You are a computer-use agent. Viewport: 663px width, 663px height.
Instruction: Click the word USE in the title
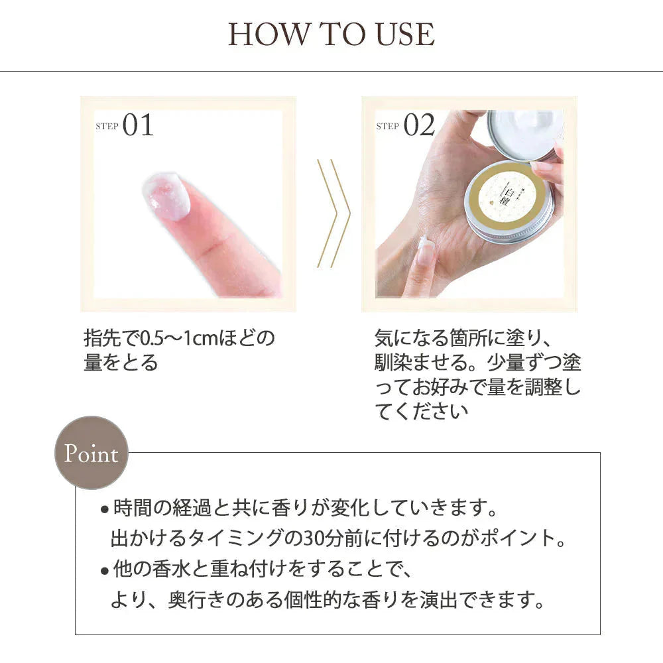pos(405,34)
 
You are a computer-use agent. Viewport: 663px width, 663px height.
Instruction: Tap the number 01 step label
pos(138,125)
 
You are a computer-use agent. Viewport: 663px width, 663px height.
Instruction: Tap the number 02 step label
pos(419,125)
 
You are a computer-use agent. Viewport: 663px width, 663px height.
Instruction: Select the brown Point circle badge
pos(91,453)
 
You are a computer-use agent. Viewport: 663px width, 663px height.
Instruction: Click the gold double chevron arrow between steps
pos(333,213)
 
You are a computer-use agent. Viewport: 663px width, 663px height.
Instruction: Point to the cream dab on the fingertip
pos(166,196)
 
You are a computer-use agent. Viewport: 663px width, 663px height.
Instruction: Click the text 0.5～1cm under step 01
pos(178,338)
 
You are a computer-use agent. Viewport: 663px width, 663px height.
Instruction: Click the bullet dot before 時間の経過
pos(105,509)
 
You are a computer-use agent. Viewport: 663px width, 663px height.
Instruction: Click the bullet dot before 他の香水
pos(105,572)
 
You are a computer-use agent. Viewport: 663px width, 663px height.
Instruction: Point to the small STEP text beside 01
pos(107,126)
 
